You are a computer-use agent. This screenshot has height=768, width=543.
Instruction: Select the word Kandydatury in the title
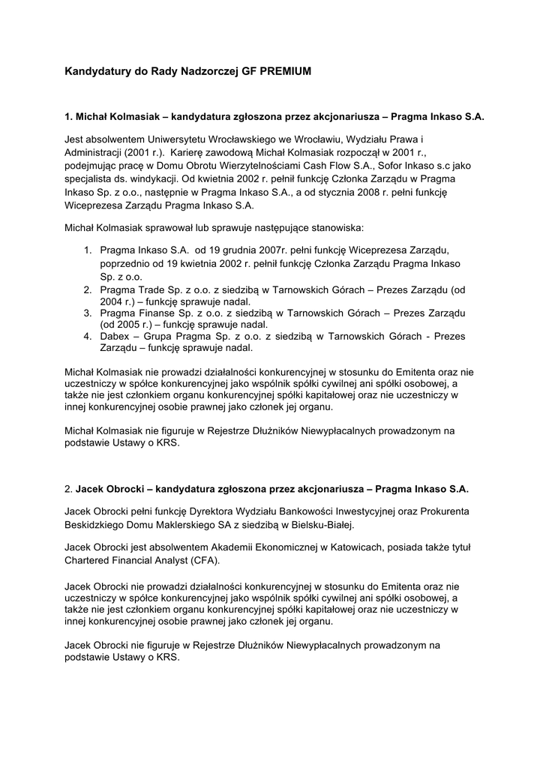(x=95, y=72)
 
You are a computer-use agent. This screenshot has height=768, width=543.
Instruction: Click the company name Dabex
(x=115, y=337)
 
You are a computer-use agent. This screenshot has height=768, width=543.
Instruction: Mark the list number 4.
(x=87, y=337)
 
